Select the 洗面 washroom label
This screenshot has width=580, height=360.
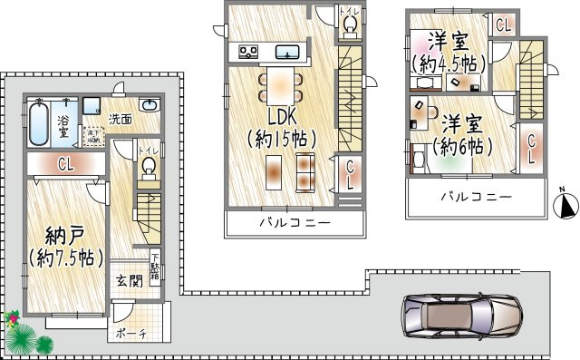tap(121, 119)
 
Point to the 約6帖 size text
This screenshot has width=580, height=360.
tap(462, 146)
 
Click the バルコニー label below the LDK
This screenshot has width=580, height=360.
tap(295, 223)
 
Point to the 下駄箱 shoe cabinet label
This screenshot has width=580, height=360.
tap(155, 268)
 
